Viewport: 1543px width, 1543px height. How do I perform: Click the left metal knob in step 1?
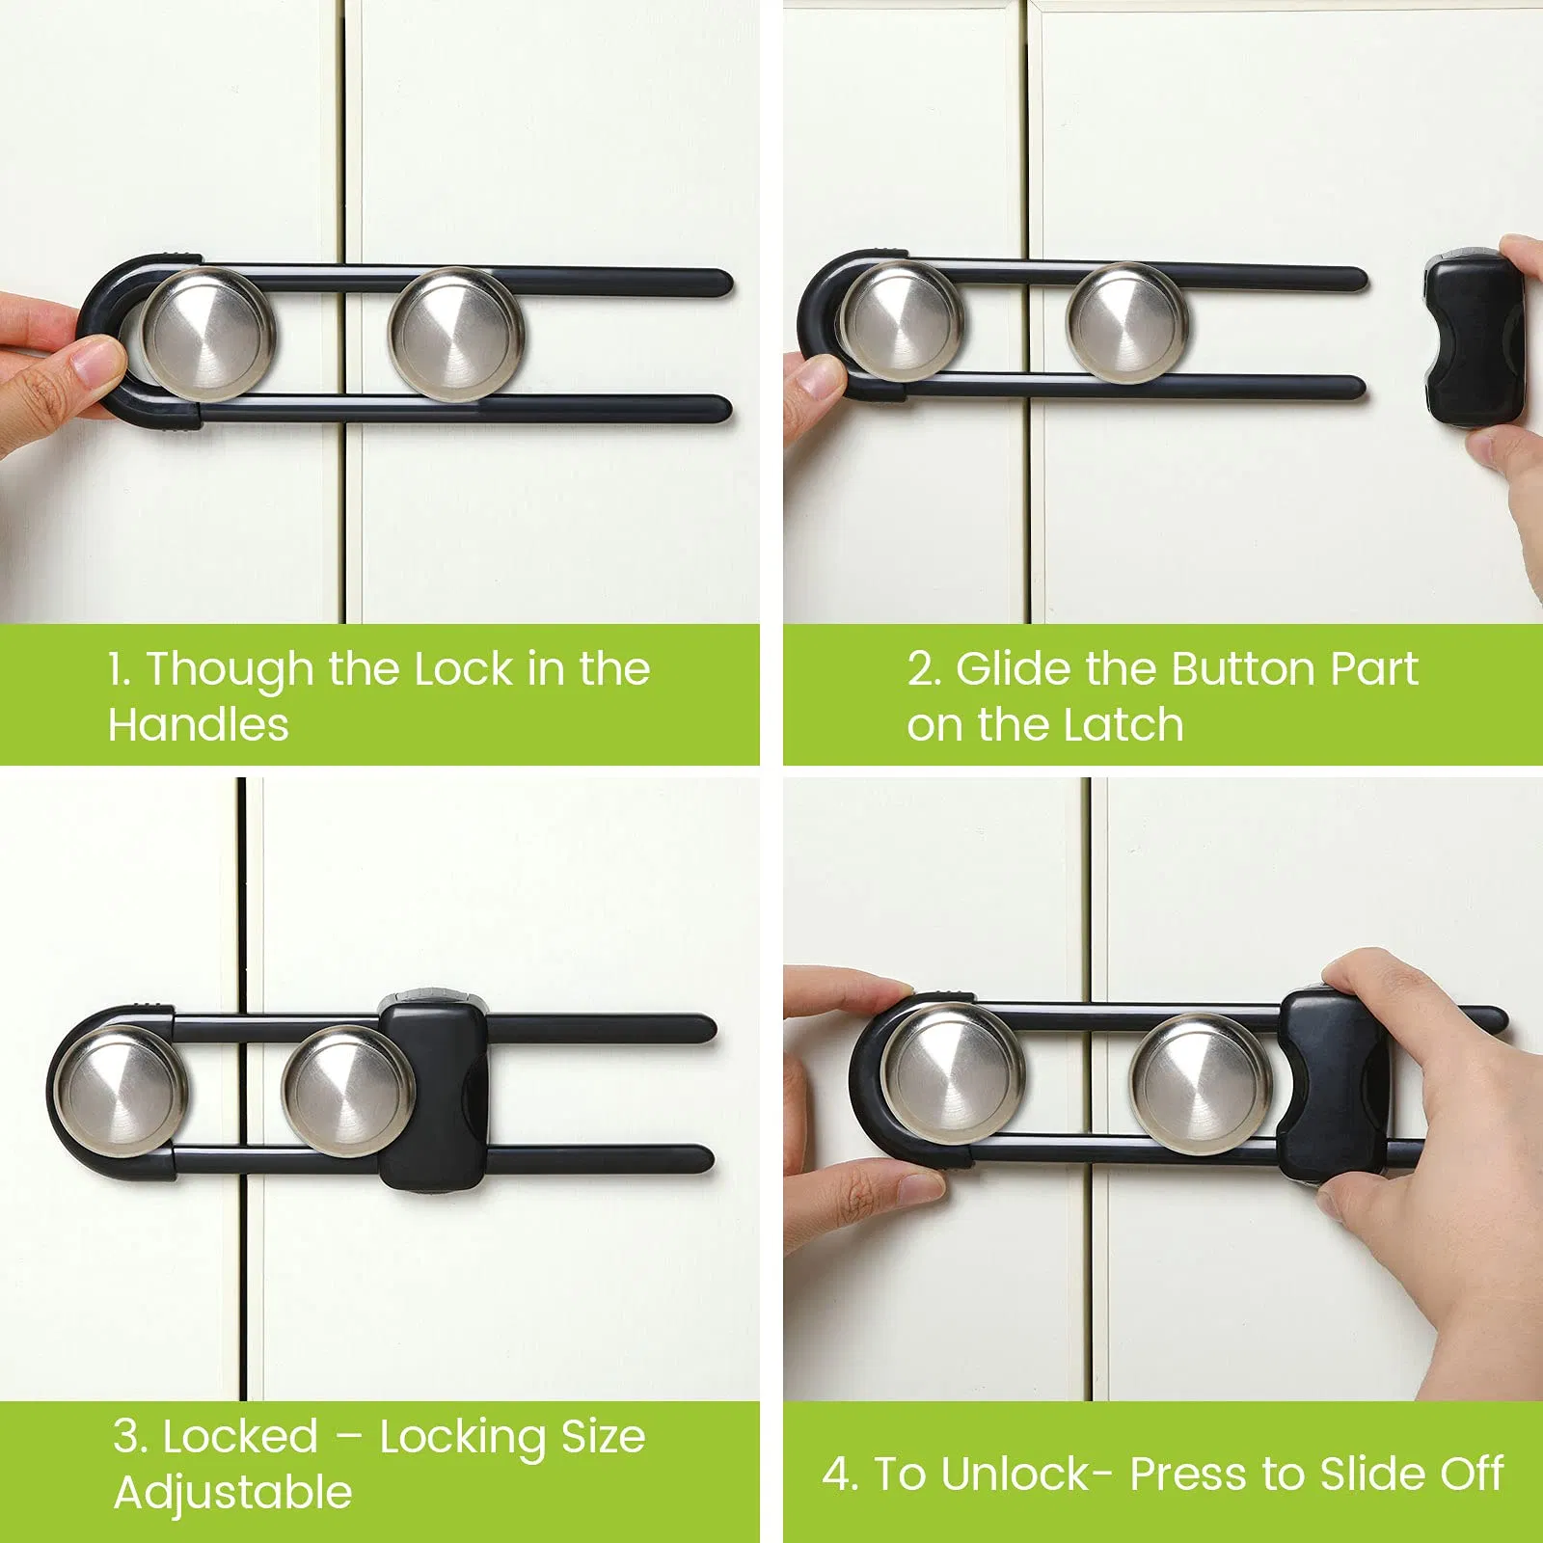207,334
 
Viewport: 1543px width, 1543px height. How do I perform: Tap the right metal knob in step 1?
456,334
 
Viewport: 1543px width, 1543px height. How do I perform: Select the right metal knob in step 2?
1126,323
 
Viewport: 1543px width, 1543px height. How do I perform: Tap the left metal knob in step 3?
120,1088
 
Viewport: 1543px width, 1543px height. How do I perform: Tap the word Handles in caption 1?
199,725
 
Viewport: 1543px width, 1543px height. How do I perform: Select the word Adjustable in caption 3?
233,1494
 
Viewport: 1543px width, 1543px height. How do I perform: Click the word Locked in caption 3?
240,1437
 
